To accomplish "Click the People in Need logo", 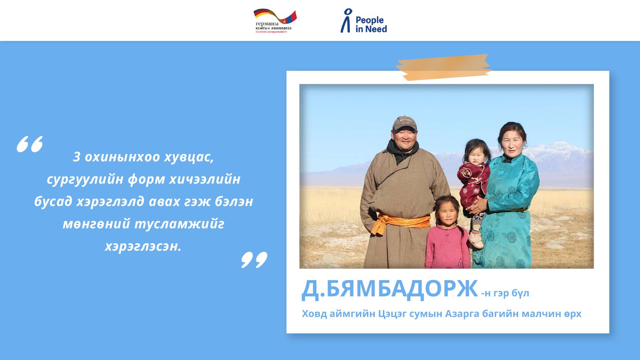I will (x=364, y=21).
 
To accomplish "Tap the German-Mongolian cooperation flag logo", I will (x=275, y=21).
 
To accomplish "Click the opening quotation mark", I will (x=30, y=144).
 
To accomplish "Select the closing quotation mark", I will (x=254, y=260).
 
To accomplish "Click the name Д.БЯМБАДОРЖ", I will (x=389, y=289).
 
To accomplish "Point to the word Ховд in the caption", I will (x=314, y=314).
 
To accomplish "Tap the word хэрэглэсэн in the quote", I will (x=143, y=246).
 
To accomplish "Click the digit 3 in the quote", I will (x=76, y=157).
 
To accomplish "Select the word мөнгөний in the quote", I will (x=95, y=224).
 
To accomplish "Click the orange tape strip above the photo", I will (x=443, y=67).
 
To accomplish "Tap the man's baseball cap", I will (x=404, y=123).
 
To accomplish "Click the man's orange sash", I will (x=400, y=222).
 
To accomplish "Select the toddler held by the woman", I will (x=474, y=176).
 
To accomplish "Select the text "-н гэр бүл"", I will (x=505, y=293).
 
